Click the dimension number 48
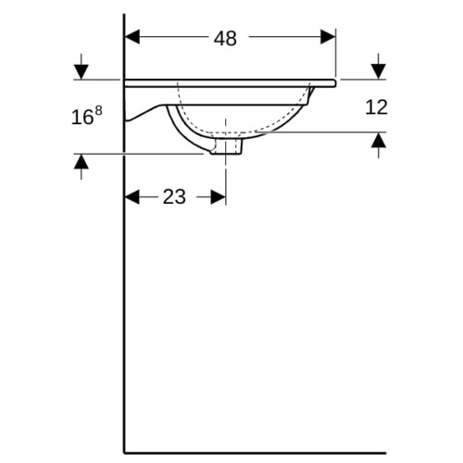tap(225, 39)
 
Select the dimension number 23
tap(174, 197)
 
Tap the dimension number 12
tap(376, 107)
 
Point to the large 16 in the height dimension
tap(81, 118)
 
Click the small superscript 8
tap(98, 110)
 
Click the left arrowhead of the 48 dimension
tap(132, 37)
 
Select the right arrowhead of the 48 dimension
tap(328, 37)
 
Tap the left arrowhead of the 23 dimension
tap(132, 197)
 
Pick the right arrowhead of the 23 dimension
tap(218, 197)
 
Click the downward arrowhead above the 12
tap(379, 71)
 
